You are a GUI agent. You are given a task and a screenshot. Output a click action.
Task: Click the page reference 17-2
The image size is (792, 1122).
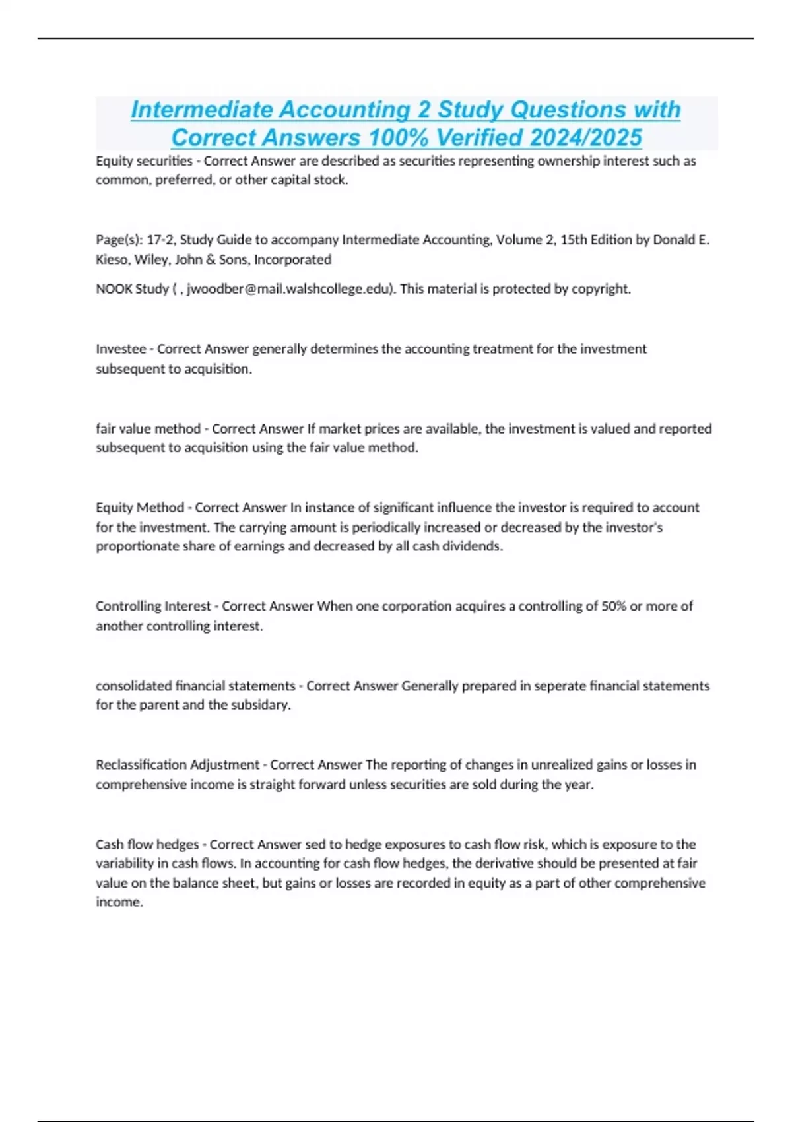(159, 240)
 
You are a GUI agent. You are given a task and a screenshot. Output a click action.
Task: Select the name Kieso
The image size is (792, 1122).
(112, 259)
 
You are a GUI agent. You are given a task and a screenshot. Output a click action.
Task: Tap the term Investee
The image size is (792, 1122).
(120, 348)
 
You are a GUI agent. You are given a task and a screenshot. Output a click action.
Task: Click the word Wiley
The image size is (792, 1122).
(152, 259)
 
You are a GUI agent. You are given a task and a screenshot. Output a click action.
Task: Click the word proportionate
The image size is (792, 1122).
(134, 546)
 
